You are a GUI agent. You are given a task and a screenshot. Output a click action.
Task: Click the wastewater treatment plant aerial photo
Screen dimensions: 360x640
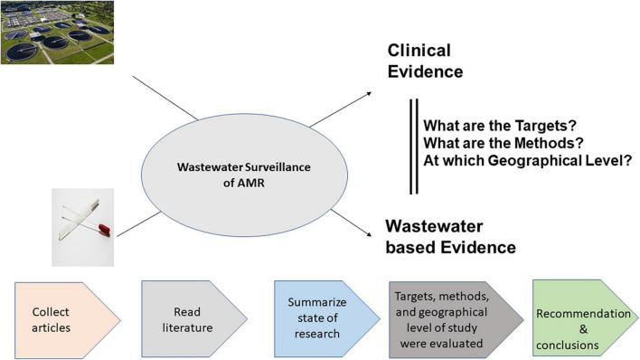tap(56, 32)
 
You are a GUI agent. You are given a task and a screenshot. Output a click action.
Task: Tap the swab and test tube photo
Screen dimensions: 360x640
tap(82, 226)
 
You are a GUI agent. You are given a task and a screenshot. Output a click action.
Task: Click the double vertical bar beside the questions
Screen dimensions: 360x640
tap(413, 145)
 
